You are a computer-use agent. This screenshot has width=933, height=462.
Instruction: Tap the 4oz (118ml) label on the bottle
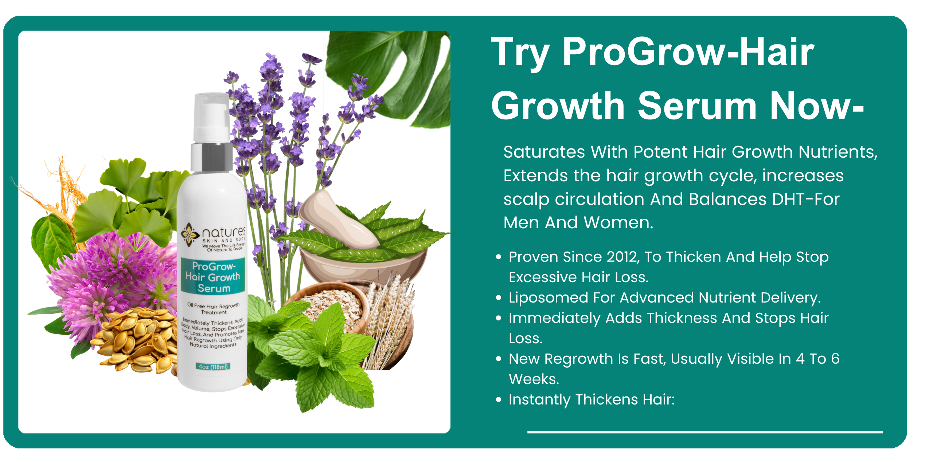coord(213,366)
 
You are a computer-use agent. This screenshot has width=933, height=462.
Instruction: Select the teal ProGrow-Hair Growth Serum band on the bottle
coord(213,277)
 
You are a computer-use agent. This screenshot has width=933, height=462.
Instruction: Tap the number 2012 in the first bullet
coord(623,257)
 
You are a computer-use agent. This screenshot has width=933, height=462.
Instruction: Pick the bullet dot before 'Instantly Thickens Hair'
coord(499,400)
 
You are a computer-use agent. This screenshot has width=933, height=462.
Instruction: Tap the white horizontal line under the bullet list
coord(705,432)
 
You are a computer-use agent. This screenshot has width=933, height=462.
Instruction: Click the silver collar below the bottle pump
coord(212,157)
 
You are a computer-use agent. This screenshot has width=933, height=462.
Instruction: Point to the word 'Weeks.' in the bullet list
coord(534,379)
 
